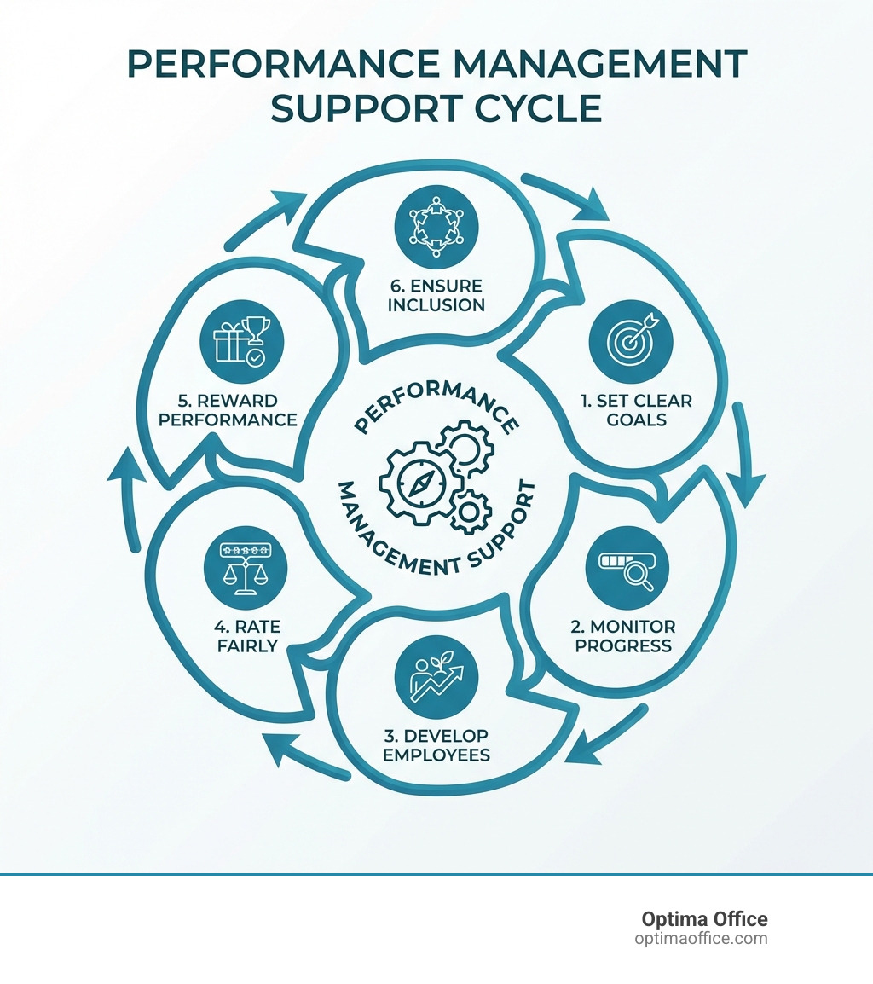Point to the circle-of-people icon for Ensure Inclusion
[x=436, y=223]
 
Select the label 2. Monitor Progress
[x=622, y=637]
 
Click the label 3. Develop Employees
[x=436, y=744]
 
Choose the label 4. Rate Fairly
[x=246, y=637]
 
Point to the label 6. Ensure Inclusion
[x=436, y=295]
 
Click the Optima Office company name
[x=704, y=919]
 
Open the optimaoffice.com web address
[x=701, y=939]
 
